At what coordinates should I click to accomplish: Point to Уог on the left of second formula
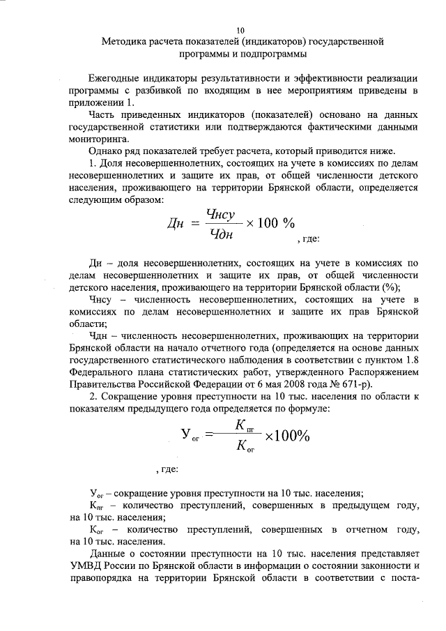190,436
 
